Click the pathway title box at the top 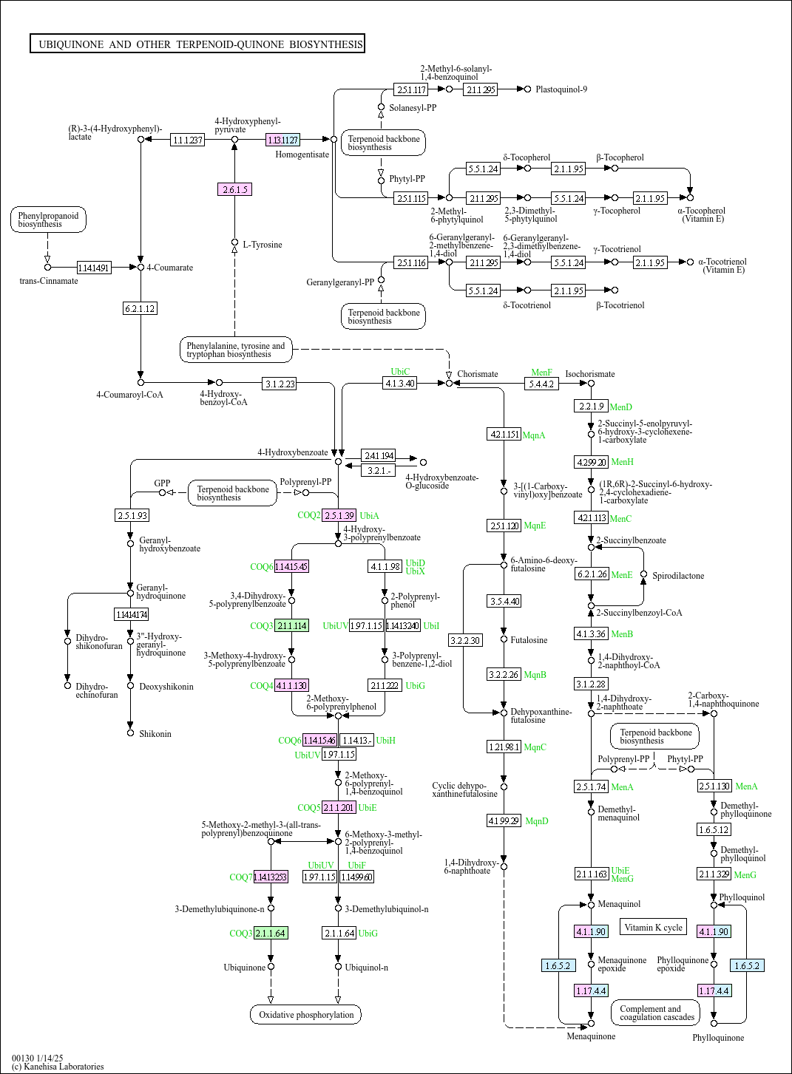[x=197, y=44]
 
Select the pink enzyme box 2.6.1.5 [x=235, y=189]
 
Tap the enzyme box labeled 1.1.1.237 [x=187, y=140]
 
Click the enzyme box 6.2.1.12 [x=140, y=308]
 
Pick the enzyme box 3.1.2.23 [x=280, y=384]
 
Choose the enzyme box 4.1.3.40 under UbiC [x=399, y=383]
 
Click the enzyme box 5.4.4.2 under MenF [x=541, y=384]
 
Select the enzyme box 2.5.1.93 [x=132, y=515]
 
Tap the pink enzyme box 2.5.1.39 [x=339, y=515]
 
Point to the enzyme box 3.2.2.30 [x=465, y=640]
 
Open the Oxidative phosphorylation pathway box [x=305, y=1015]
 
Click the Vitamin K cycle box [x=653, y=928]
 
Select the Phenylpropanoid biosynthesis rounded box [x=48, y=220]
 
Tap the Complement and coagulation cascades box [x=656, y=1013]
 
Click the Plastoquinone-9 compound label [x=561, y=89]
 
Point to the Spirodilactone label [x=678, y=576]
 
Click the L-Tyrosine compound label [x=263, y=245]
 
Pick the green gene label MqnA [x=534, y=435]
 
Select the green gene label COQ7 [x=240, y=877]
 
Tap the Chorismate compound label [x=478, y=374]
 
